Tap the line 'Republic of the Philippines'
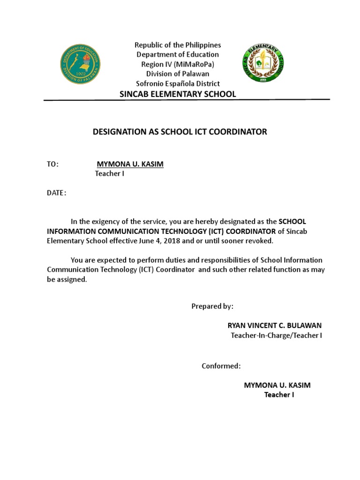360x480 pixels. pos(178,45)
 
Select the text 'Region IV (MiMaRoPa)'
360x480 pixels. pos(178,64)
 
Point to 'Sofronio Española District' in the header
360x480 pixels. pos(178,83)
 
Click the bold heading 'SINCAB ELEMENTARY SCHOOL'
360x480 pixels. pos(178,94)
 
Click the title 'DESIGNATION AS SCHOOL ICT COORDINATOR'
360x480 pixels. pos(180,132)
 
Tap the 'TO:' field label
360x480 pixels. pos(52,164)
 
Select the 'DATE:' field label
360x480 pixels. pos(56,193)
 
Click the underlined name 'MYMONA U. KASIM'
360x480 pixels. pos(130,164)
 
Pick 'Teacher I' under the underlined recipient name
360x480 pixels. pos(110,174)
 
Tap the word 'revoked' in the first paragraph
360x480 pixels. pos(259,240)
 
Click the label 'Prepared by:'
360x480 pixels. pos(212,306)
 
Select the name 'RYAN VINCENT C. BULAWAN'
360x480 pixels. pos(274,325)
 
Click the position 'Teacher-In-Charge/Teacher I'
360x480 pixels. pos(276,335)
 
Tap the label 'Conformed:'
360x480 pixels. pos(221,366)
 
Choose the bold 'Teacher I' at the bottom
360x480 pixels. pos(279,395)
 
